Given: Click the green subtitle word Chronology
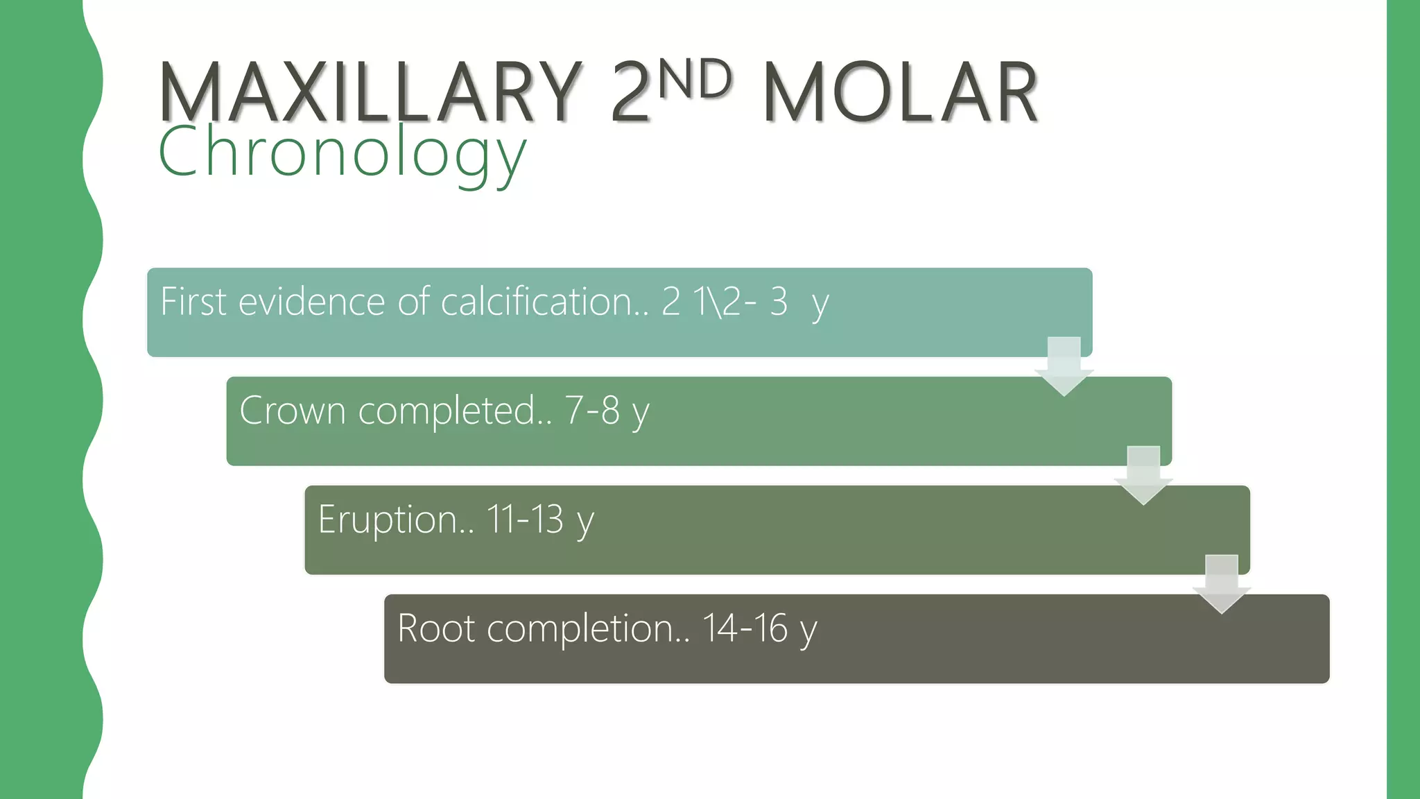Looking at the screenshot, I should point(342,153).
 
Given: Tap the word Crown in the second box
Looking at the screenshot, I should point(292,410).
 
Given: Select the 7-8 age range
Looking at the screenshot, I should point(592,410).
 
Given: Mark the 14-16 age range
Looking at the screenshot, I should point(745,628).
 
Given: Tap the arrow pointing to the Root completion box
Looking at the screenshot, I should point(1222,584).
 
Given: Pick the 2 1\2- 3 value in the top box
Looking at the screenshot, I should point(725,302).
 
